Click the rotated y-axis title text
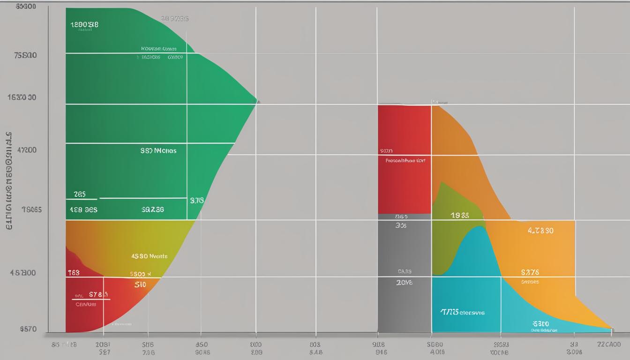click(9, 180)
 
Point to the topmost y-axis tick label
click(25, 7)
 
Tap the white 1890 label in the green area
click(84, 25)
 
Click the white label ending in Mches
click(158, 151)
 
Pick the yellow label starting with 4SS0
click(149, 256)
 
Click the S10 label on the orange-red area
click(140, 285)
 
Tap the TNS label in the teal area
click(462, 312)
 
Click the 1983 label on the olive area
click(460, 215)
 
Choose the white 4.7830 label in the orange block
click(540, 231)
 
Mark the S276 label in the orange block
click(530, 272)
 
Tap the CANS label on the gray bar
click(405, 271)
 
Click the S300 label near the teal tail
click(540, 323)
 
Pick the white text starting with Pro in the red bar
click(405, 160)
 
